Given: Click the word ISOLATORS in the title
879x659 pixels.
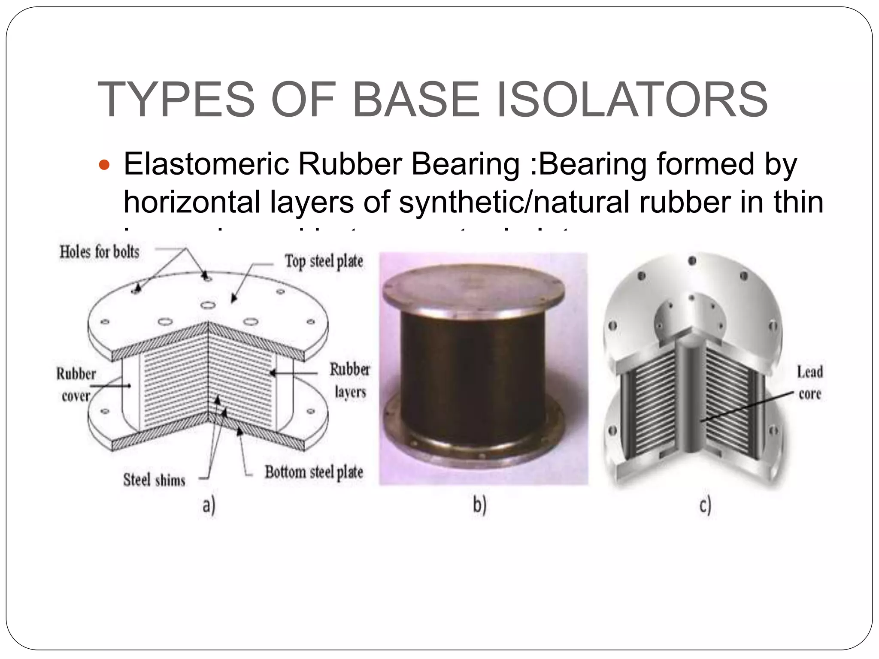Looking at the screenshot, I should point(631,100).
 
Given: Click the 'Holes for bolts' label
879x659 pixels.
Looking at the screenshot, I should point(100,252).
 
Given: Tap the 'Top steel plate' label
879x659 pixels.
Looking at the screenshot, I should point(324,261).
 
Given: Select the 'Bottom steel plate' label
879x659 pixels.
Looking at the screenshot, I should point(314,472).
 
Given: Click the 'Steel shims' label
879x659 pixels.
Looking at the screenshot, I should point(154,480).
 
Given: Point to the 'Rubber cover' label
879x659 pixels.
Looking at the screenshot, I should point(76,385).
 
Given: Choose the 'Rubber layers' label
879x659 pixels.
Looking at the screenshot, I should point(350,381).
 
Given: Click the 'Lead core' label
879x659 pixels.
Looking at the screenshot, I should point(810,382).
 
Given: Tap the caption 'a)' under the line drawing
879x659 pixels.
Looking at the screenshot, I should point(209,506).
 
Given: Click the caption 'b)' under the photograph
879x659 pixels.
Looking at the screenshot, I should point(480,506).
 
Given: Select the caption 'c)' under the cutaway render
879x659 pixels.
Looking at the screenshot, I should point(705,506).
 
